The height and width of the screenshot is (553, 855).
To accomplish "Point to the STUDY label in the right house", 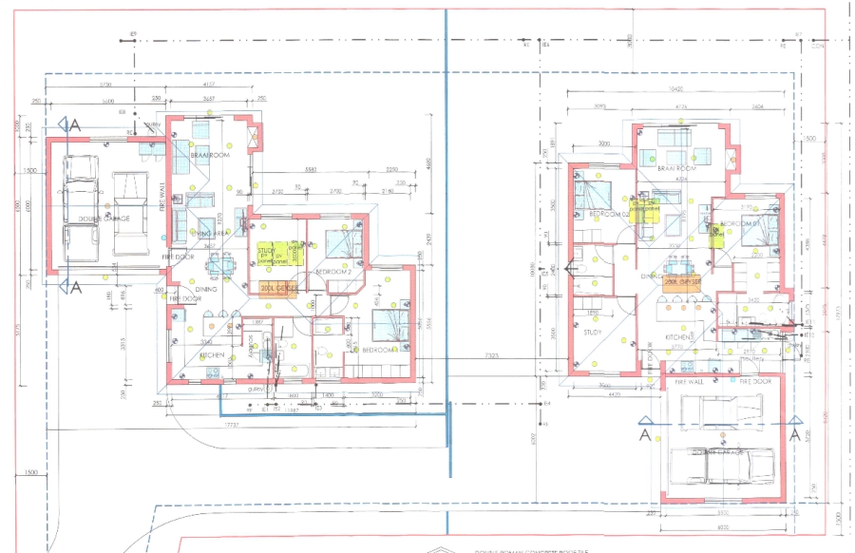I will click(593, 332).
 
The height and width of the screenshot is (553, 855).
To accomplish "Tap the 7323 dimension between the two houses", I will click(491, 355).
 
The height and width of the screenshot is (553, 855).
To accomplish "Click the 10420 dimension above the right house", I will click(675, 88).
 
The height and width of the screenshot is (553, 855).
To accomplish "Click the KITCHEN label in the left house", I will click(211, 355).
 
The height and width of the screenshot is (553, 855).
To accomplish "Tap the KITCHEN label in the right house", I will click(678, 337).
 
